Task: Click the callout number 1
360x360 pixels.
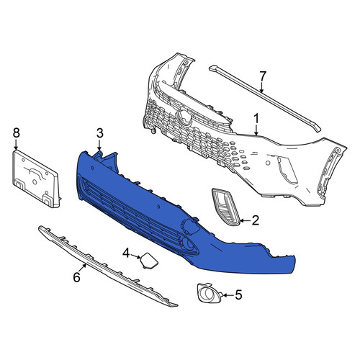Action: click(x=256, y=120)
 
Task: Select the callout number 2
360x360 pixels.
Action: click(x=255, y=220)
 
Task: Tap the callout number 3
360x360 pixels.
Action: click(x=100, y=133)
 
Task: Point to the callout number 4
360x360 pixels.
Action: click(x=126, y=254)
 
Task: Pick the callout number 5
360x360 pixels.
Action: click(x=238, y=294)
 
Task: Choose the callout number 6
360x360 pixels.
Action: click(x=77, y=277)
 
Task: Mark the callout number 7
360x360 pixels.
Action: click(x=262, y=77)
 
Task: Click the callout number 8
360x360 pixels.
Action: click(x=16, y=133)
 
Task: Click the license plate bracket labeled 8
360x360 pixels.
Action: click(x=36, y=179)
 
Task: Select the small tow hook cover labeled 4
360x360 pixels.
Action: click(x=148, y=260)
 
